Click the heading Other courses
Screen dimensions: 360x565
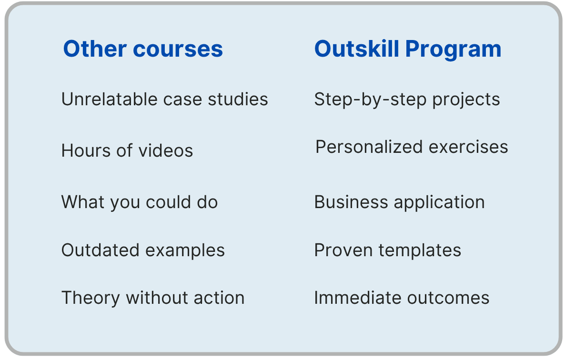pos(143,49)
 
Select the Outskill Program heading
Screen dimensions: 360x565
pos(408,49)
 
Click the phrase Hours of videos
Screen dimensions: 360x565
pos(127,151)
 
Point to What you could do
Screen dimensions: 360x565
pos(140,202)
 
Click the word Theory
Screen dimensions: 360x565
pos(91,298)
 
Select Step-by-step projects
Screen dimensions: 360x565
pos(407,100)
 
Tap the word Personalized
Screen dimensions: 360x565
pos(369,147)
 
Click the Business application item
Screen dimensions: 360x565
pos(399,202)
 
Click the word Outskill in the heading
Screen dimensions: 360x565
pos(356,49)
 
